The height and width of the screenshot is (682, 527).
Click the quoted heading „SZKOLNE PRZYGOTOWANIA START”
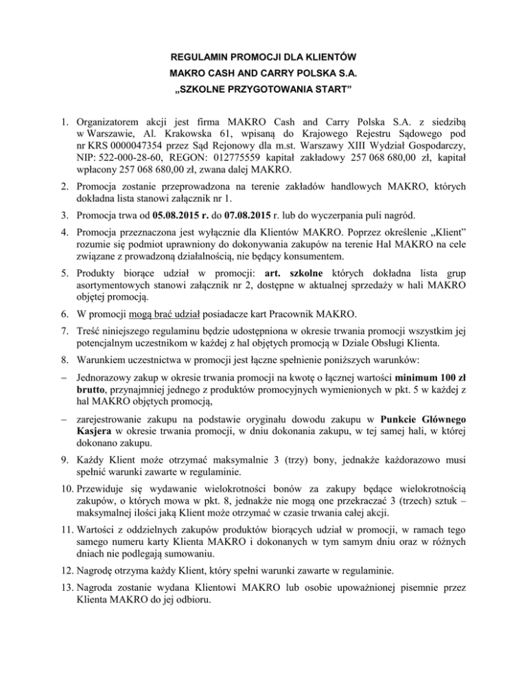(x=263, y=91)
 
